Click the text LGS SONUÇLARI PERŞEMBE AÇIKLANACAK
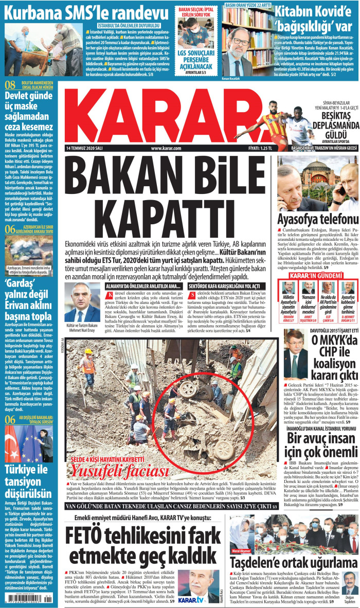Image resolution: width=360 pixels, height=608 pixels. [x=197, y=57]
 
